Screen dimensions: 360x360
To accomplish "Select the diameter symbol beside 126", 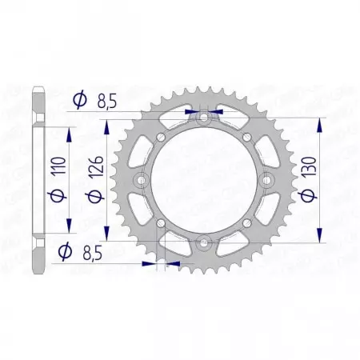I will pos(98,197).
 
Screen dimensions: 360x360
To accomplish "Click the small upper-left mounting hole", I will pos(161,136).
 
